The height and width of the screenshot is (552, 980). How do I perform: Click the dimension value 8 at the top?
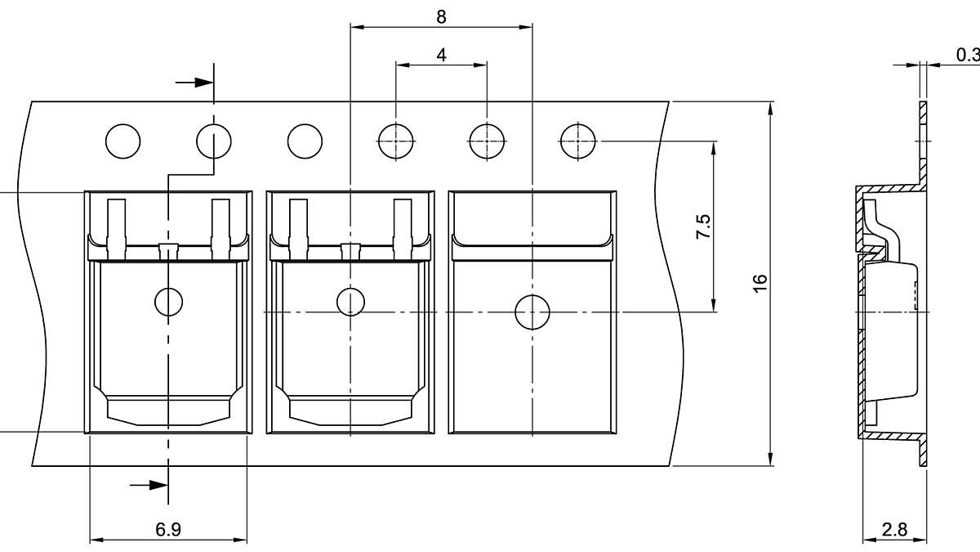(x=442, y=16)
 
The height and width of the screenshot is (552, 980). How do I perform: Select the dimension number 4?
(x=442, y=55)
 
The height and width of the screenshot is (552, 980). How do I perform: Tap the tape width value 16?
(x=760, y=283)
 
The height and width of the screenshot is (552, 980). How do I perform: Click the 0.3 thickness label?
(x=967, y=55)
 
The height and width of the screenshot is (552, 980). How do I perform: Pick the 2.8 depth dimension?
(x=895, y=529)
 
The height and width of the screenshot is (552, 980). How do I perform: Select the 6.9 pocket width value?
(x=168, y=529)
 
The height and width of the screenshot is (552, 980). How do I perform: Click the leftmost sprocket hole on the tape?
(x=122, y=141)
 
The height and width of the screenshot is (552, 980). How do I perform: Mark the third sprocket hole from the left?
(x=305, y=141)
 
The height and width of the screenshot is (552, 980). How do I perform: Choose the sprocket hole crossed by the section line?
(x=214, y=141)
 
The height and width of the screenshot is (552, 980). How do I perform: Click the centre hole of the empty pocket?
(x=532, y=312)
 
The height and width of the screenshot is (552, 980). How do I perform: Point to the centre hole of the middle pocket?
(x=350, y=302)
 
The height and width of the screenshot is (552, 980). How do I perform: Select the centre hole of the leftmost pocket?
(x=169, y=302)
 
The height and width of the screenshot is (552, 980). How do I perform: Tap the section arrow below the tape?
(x=149, y=485)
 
